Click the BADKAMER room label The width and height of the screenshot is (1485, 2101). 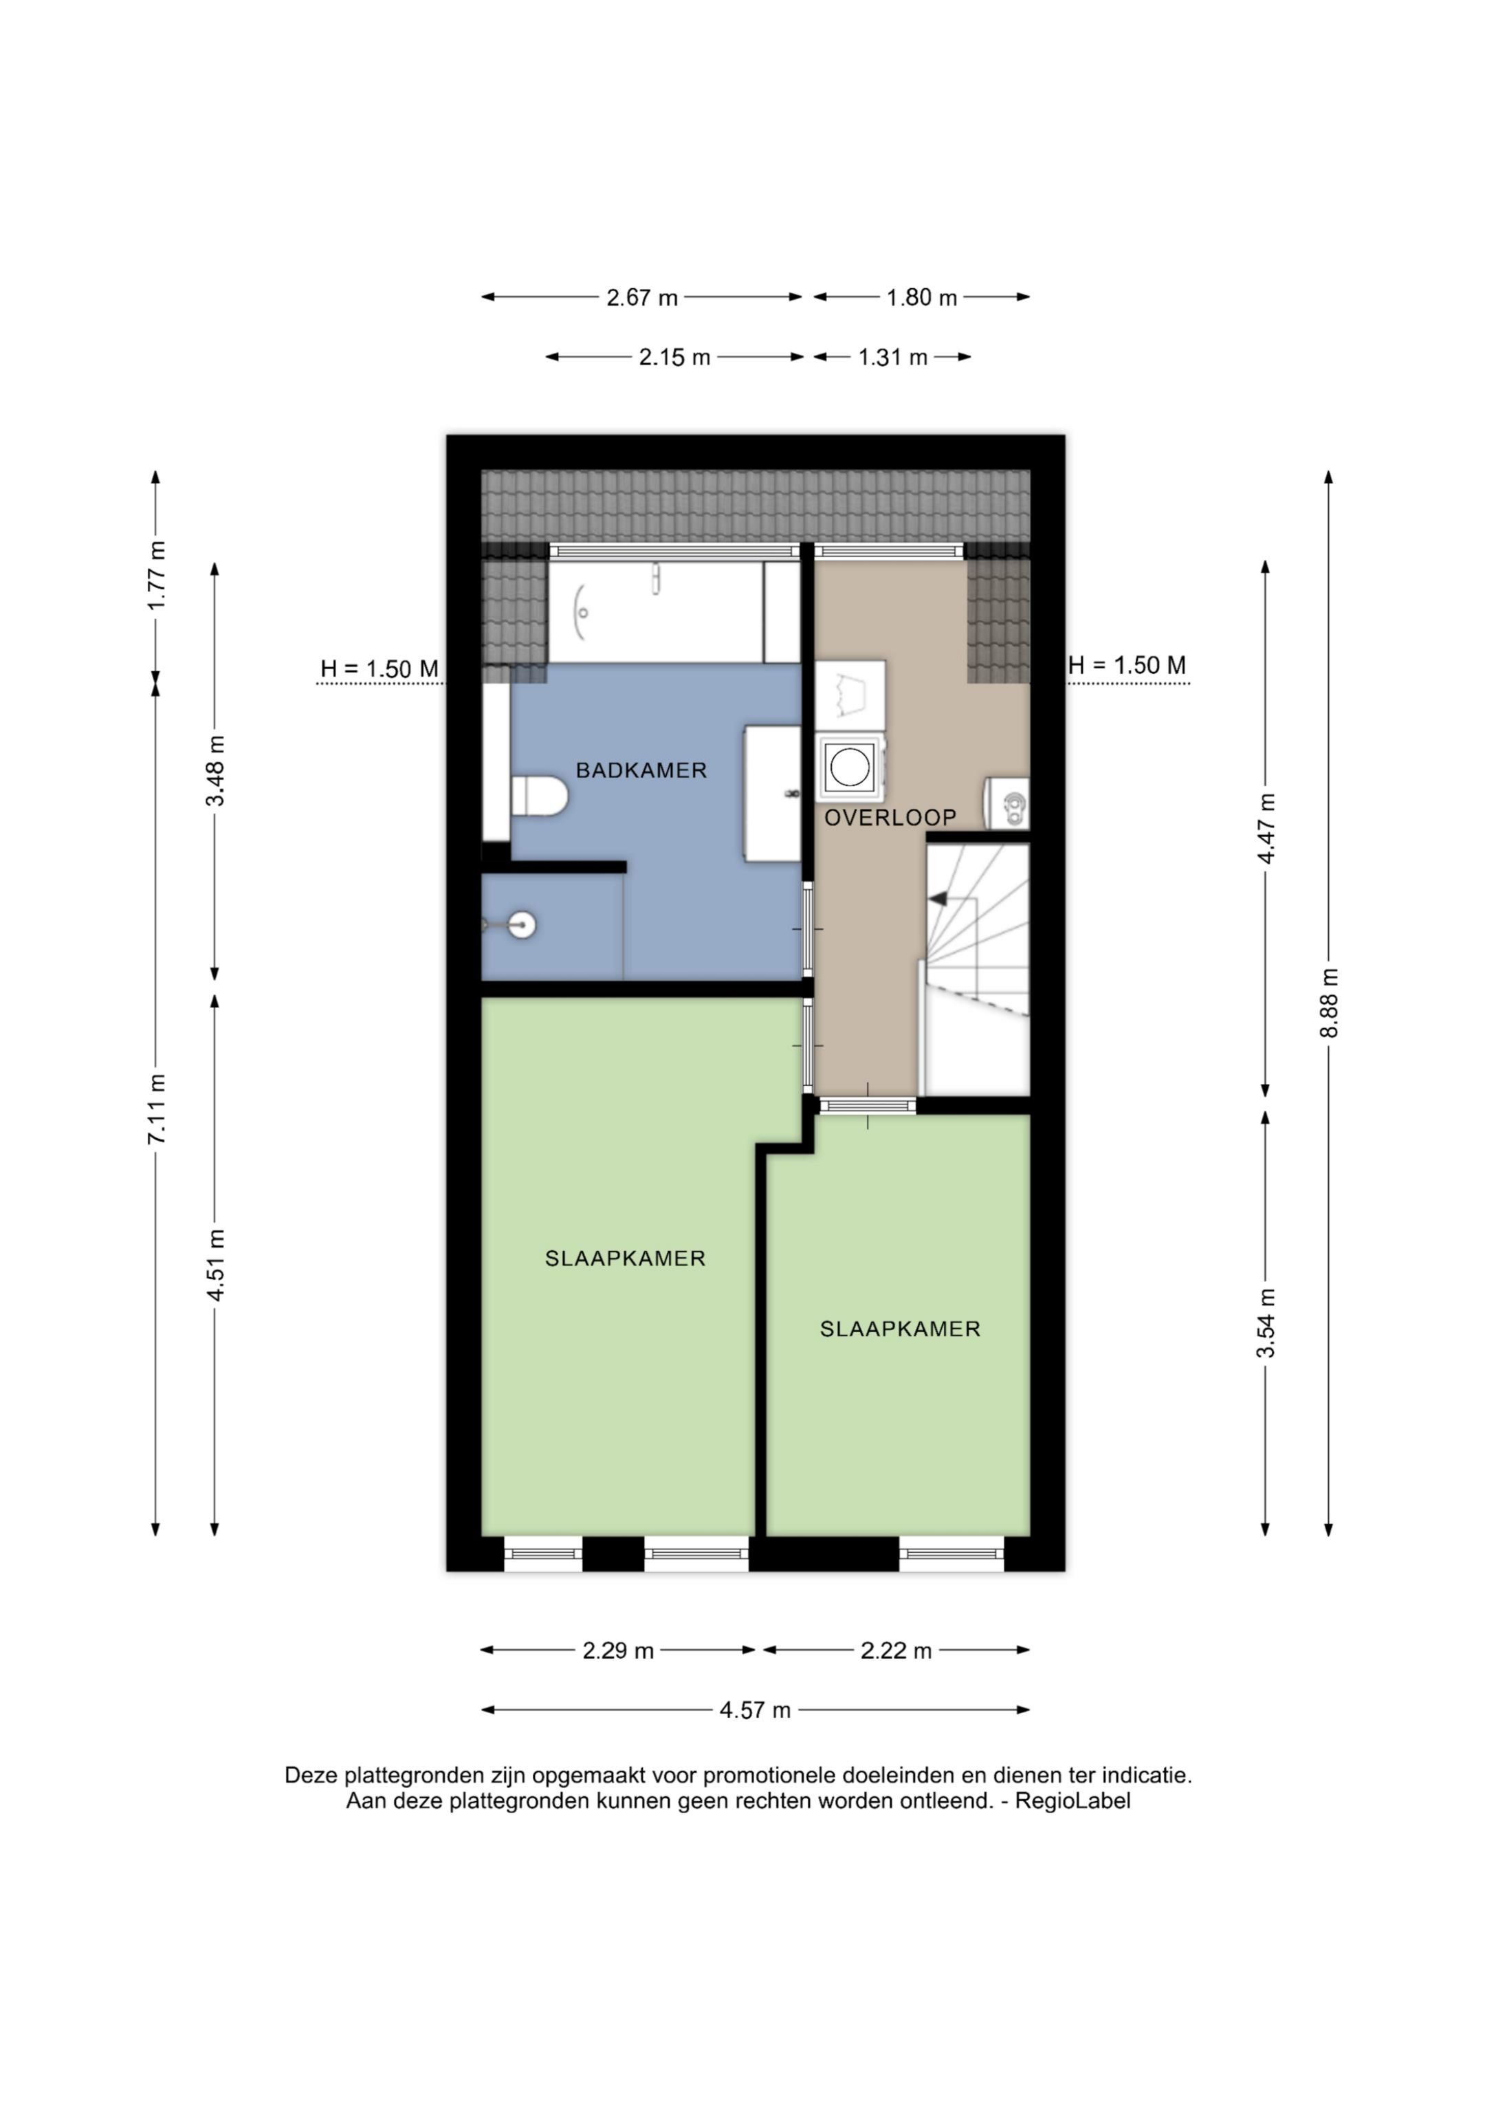pos(641,770)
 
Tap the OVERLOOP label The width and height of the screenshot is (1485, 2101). pos(890,817)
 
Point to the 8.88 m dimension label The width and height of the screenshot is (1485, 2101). pos(1330,1003)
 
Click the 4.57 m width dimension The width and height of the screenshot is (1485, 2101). pos(755,1710)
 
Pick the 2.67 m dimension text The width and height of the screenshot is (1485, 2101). pos(641,297)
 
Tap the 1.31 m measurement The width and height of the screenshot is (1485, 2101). pos(892,357)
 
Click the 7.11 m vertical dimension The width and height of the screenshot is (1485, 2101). pos(157,1109)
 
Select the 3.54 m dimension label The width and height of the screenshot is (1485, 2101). pos(1266,1323)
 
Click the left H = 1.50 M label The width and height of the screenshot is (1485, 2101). pos(379,669)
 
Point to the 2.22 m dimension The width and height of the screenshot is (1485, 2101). pos(896,1651)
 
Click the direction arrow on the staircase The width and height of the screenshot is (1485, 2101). pos(938,900)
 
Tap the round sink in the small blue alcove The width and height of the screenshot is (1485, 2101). pos(522,924)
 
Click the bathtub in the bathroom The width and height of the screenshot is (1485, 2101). pos(656,612)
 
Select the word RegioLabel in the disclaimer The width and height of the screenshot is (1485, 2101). pos(1073,1802)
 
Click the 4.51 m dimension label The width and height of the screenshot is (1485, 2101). pos(216,1265)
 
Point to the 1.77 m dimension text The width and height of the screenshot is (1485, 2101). pos(157,576)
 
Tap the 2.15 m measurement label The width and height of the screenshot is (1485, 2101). pos(674,357)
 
